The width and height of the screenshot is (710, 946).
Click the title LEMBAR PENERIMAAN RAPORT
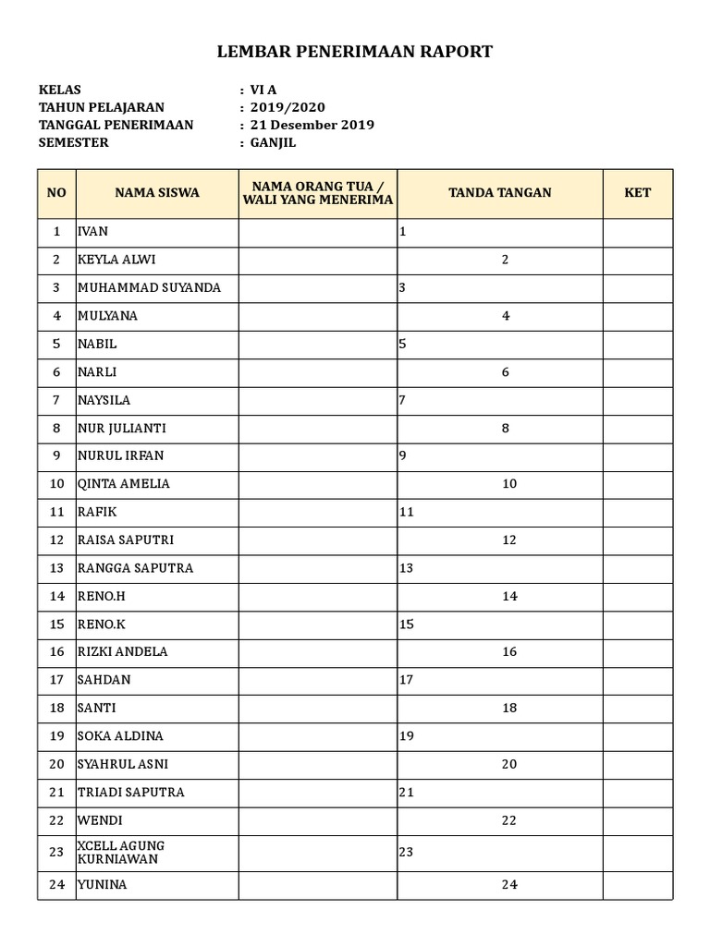tap(355, 52)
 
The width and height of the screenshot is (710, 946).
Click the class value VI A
tap(263, 90)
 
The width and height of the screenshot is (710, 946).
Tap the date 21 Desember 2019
tap(312, 125)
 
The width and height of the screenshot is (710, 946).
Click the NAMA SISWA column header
tap(157, 193)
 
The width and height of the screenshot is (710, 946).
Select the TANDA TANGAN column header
tap(499, 193)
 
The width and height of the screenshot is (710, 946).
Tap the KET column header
tap(637, 193)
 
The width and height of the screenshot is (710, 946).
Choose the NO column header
tap(56, 193)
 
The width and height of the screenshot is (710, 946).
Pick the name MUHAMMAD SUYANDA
tap(149, 287)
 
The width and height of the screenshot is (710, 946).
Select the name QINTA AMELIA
tap(124, 484)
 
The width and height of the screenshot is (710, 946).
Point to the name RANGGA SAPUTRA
tap(136, 568)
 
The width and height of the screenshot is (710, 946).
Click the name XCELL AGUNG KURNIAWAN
tap(121, 852)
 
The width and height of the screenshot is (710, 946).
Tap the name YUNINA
tap(103, 885)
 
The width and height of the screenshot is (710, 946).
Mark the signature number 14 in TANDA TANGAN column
tap(509, 596)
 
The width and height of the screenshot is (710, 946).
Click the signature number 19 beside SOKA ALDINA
tap(407, 736)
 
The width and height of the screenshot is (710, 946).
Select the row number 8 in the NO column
tap(56, 428)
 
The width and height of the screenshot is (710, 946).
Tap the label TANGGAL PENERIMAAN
tap(116, 125)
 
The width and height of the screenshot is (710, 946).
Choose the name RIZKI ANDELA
tap(123, 652)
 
